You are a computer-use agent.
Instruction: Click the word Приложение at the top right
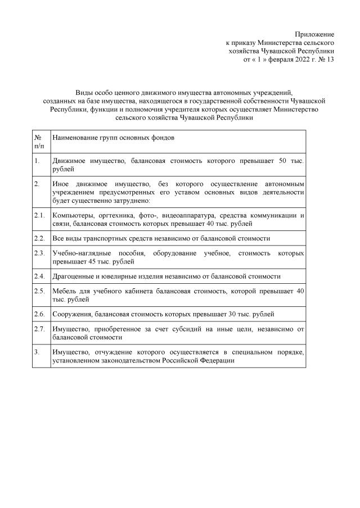point(318,35)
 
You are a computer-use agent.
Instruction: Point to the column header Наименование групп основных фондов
point(113,138)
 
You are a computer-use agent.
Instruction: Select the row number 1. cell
point(37,161)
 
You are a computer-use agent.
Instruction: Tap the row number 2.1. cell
point(39,215)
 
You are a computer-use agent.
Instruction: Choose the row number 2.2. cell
point(39,238)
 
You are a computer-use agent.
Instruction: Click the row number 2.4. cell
point(39,276)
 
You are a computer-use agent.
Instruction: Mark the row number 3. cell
point(37,352)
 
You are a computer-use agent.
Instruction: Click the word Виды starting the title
point(84,92)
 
